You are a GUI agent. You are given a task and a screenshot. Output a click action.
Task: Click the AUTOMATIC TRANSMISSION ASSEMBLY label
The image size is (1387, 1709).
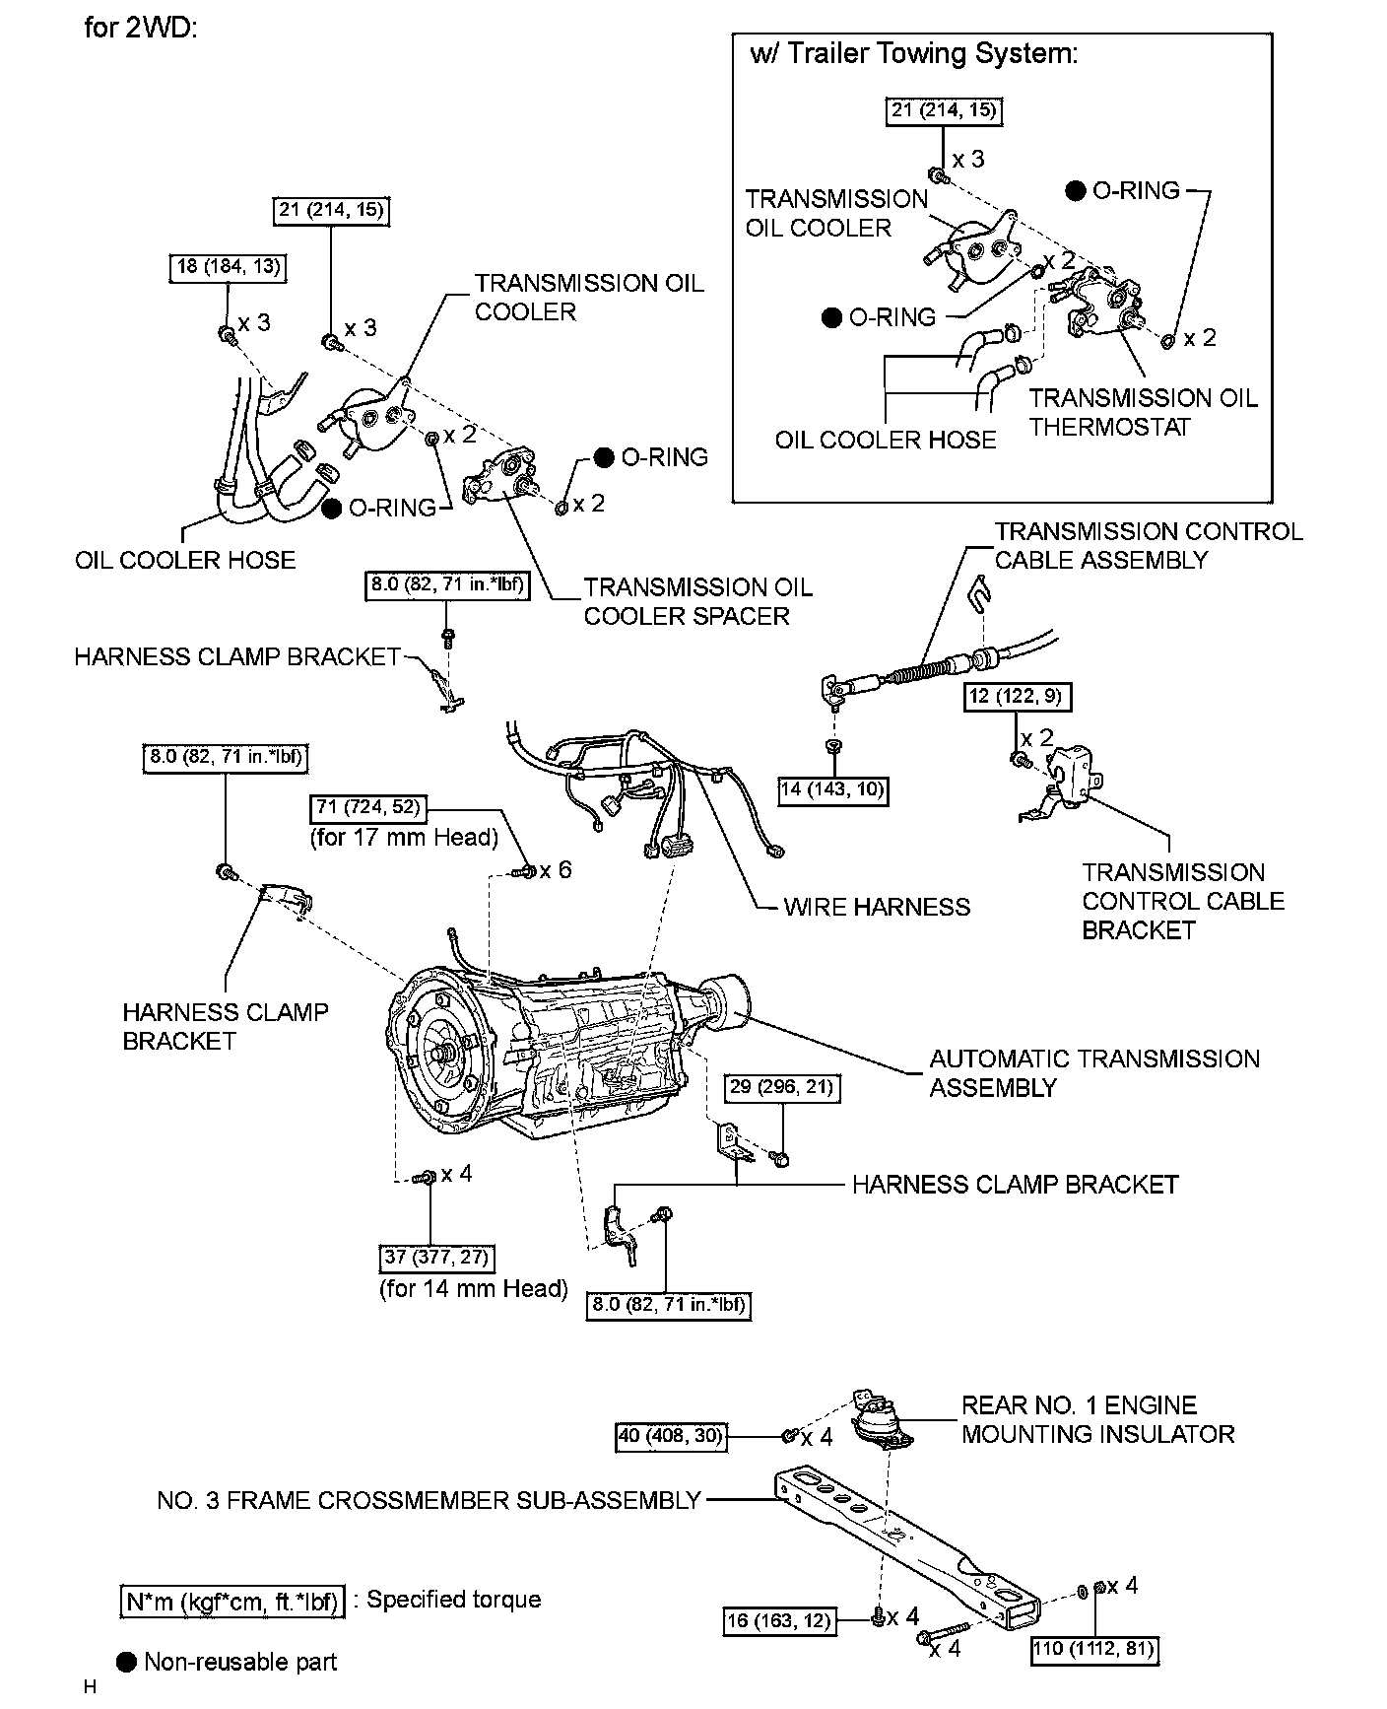1093,1073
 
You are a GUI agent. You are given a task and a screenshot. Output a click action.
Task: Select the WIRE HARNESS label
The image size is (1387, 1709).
877,907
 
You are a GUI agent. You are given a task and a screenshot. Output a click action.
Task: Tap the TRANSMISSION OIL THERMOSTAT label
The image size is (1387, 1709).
1143,412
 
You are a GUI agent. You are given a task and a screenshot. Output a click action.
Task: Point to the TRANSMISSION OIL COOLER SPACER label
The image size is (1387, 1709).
697,601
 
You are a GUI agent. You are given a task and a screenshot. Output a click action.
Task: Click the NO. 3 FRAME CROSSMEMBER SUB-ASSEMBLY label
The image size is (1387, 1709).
429,1500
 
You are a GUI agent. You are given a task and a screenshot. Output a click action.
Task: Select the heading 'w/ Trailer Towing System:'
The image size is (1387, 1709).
913,53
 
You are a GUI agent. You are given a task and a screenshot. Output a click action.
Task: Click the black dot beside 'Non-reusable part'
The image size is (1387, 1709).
126,1662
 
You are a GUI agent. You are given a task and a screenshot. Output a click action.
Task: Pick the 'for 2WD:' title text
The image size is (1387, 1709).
141,27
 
